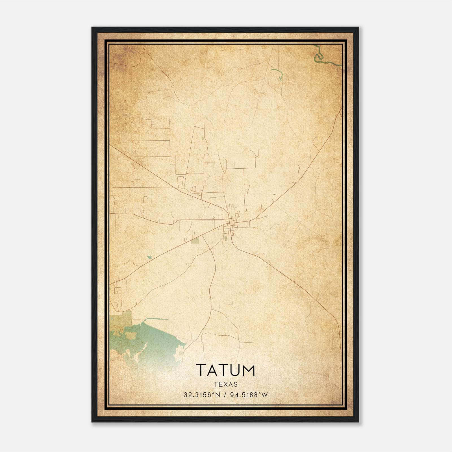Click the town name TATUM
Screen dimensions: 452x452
tap(225, 370)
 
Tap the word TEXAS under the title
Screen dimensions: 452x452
tap(225, 384)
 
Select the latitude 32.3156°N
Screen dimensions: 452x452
tap(202, 395)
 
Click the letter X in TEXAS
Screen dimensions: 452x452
tap(225, 384)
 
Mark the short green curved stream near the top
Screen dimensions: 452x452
tap(278, 73)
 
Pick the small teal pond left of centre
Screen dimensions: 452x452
tap(149, 257)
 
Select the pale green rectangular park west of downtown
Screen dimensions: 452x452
tap(195, 240)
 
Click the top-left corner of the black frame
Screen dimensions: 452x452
tap(92, 28)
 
